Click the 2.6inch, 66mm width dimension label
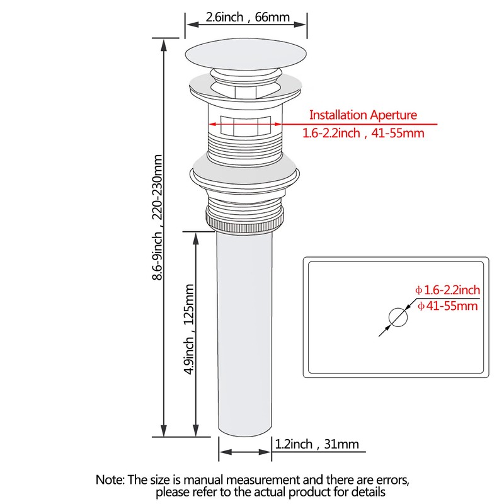(x=248, y=17)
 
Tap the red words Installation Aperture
(x=363, y=115)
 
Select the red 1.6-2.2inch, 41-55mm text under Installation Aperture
(x=364, y=133)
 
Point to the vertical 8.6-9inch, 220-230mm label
(x=157, y=217)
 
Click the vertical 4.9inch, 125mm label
(x=189, y=329)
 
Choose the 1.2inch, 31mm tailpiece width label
(x=317, y=444)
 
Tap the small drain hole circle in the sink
(x=398, y=318)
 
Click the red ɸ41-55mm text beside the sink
(x=448, y=306)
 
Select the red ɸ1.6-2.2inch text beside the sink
(x=448, y=290)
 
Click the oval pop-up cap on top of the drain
(x=246, y=54)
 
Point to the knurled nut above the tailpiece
(x=245, y=222)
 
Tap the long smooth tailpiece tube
(x=244, y=335)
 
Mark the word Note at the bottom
(x=110, y=480)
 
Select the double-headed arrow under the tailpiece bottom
(x=245, y=452)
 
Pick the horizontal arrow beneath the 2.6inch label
(x=246, y=25)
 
